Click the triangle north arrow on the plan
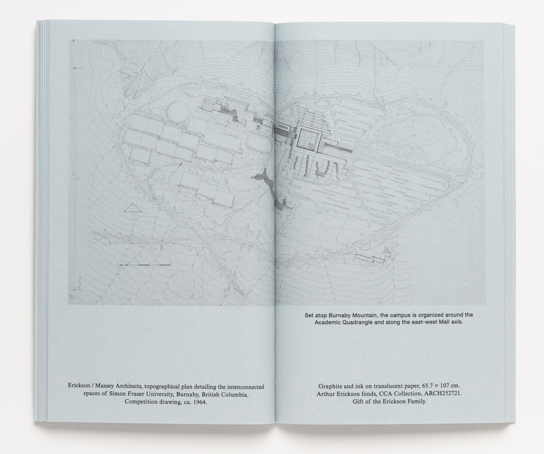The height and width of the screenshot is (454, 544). tap(131, 208)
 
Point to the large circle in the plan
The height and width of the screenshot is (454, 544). tap(178, 112)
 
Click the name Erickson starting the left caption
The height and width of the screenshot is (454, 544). tap(80, 386)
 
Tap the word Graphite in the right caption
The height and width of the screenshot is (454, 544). tap(332, 386)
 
